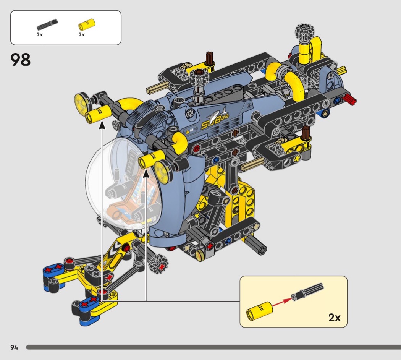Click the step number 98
click(21, 60)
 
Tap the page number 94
click(15, 347)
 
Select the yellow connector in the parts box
click(87, 24)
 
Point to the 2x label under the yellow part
click(82, 34)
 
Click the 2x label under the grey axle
click(40, 34)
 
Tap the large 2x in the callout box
click(335, 317)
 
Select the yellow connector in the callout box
click(259, 310)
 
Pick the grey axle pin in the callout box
click(308, 292)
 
